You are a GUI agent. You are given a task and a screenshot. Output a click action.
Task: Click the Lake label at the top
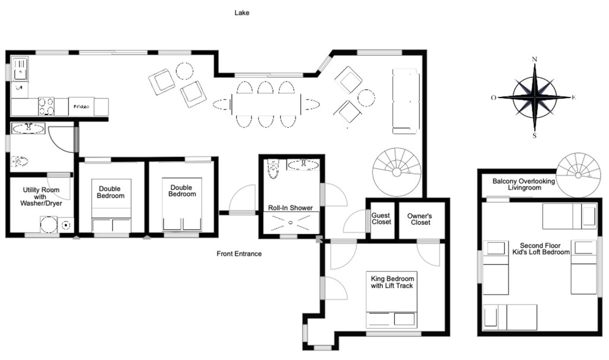pyautogui.click(x=241, y=12)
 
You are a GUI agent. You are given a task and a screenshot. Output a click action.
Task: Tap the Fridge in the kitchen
pyautogui.click(x=81, y=107)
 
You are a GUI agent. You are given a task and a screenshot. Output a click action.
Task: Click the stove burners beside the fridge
pyautogui.click(x=46, y=107)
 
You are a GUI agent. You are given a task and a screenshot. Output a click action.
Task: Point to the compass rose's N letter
pyautogui.click(x=535, y=59)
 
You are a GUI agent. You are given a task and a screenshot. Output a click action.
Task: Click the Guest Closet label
pyautogui.click(x=381, y=218)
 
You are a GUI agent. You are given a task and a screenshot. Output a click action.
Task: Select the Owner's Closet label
pyautogui.click(x=419, y=218)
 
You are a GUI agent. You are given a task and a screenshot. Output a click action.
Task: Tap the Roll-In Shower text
pyautogui.click(x=290, y=208)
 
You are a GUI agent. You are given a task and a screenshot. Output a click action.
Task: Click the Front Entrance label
pyautogui.click(x=239, y=254)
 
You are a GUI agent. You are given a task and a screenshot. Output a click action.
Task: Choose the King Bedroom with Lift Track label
pyautogui.click(x=392, y=282)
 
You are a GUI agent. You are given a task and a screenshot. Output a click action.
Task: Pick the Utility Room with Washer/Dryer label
pyautogui.click(x=42, y=196)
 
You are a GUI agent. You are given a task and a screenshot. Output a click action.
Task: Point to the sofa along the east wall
pyautogui.click(x=406, y=101)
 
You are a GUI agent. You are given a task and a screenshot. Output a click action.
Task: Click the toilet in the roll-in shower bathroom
pyautogui.click(x=273, y=169)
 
